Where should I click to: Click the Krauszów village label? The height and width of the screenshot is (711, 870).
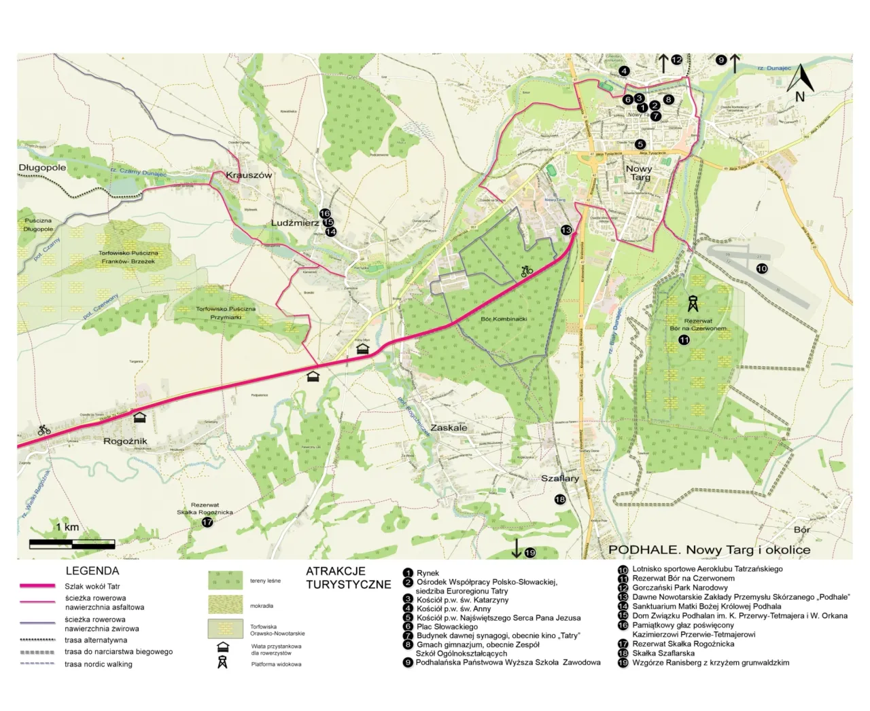pyautogui.click(x=249, y=175)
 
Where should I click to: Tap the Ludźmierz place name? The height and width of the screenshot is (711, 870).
pyautogui.click(x=295, y=223)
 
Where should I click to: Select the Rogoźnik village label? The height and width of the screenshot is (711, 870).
pyautogui.click(x=125, y=441)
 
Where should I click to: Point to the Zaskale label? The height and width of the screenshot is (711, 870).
pyautogui.click(x=449, y=428)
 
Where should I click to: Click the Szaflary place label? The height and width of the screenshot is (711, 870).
pyautogui.click(x=560, y=479)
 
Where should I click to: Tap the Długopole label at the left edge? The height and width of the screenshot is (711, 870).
pyautogui.click(x=42, y=168)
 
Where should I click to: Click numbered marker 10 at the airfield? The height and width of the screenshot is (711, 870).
pyautogui.click(x=762, y=269)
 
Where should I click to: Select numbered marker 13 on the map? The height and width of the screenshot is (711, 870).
pyautogui.click(x=566, y=230)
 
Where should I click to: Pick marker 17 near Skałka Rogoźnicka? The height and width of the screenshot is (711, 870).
pyautogui.click(x=207, y=522)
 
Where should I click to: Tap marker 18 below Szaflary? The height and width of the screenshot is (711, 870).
pyautogui.click(x=560, y=499)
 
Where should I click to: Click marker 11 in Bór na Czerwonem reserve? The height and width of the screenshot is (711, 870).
pyautogui.click(x=684, y=340)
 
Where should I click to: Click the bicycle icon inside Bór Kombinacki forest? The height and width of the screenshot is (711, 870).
pyautogui.click(x=527, y=271)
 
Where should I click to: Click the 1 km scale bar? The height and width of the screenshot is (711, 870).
pyautogui.click(x=71, y=543)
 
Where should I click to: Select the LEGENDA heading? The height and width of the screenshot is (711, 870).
pyautogui.click(x=92, y=571)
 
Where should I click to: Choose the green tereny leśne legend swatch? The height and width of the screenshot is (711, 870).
pyautogui.click(x=225, y=580)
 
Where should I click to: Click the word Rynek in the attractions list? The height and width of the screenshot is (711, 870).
pyautogui.click(x=428, y=573)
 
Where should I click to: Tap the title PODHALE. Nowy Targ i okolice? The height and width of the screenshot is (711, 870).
pyautogui.click(x=709, y=549)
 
